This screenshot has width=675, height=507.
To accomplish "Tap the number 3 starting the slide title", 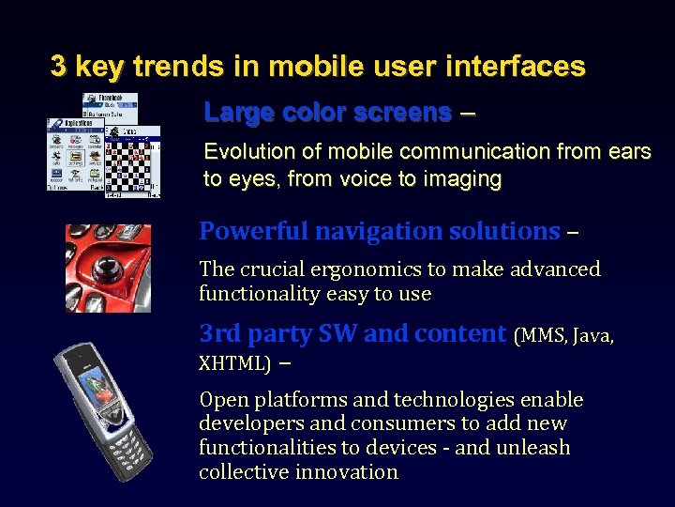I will (58, 67).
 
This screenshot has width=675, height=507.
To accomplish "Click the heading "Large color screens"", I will (327, 113).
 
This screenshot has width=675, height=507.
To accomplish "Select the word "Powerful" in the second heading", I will (253, 231).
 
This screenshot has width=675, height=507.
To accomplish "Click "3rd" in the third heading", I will (217, 334).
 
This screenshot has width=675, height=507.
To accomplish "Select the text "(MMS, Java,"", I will (564, 335).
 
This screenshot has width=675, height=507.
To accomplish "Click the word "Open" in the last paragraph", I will (220, 400).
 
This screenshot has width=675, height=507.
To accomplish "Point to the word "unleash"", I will (532, 448).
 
